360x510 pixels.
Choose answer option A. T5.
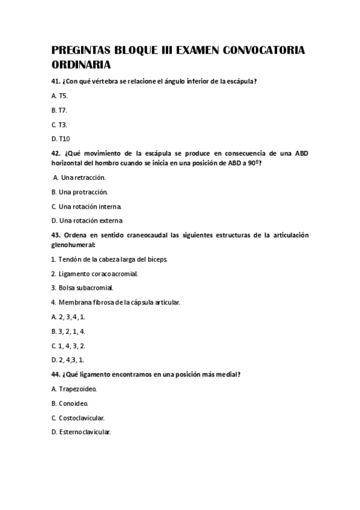coord(60,96)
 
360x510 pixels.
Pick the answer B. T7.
coord(59,110)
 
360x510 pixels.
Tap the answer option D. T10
coord(61,138)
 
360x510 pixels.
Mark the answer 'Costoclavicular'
coord(82,417)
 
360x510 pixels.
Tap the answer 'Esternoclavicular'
coord(85,432)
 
